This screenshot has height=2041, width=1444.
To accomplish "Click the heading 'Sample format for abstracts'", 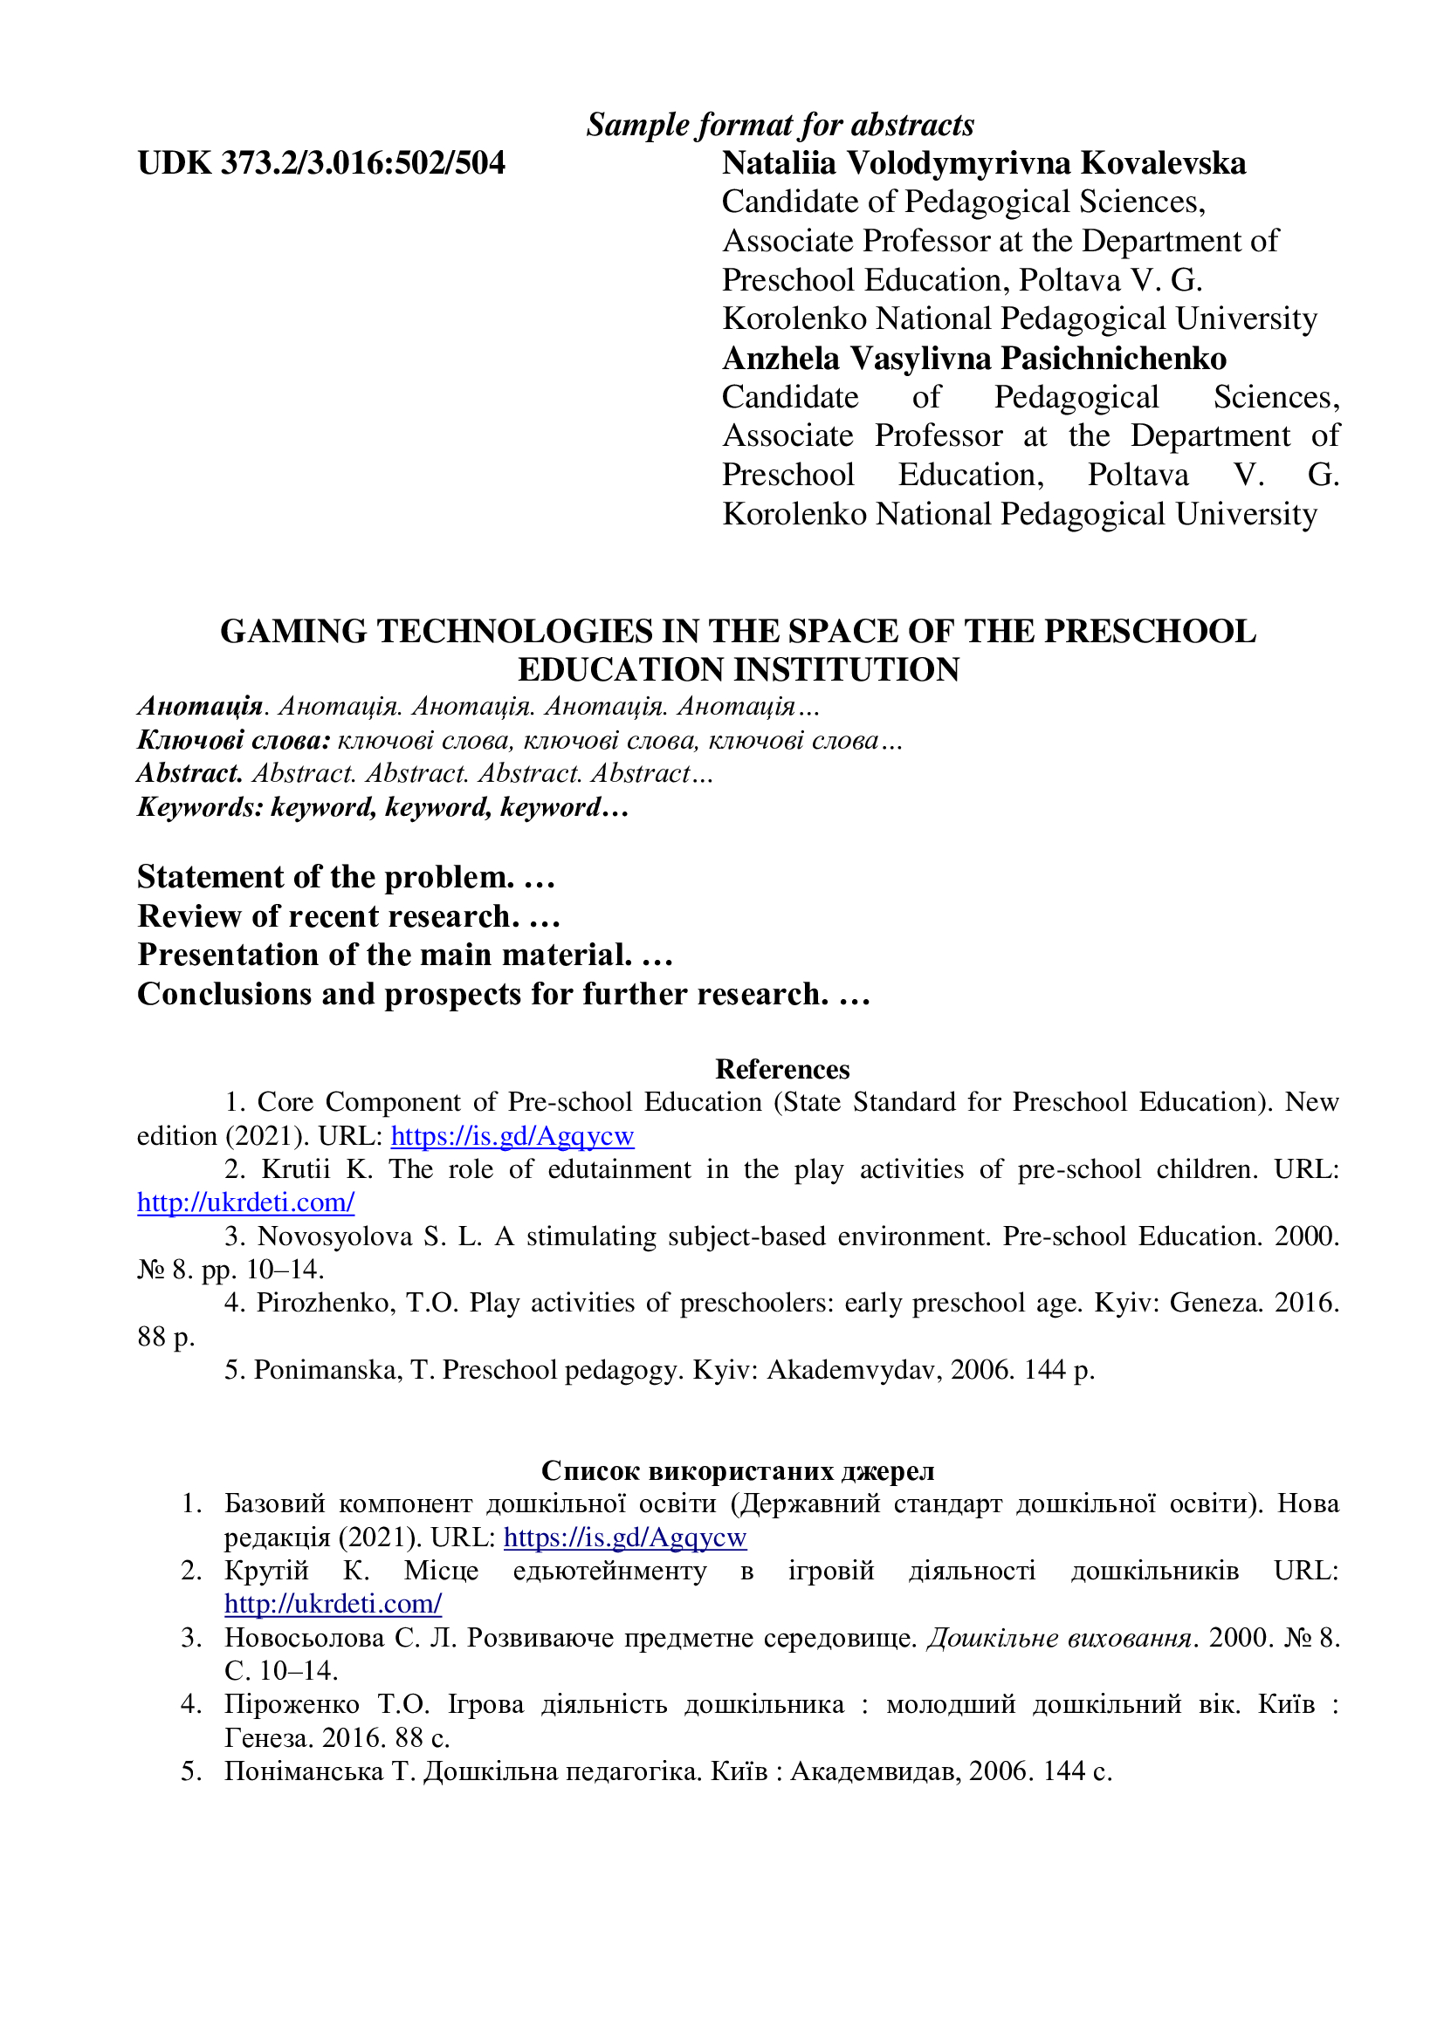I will [x=780, y=126].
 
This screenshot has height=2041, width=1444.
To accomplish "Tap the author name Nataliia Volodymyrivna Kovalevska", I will [x=983, y=163].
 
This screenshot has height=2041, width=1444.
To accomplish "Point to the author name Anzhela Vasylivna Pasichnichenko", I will [x=973, y=359].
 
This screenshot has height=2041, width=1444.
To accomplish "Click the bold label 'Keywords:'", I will [x=200, y=807].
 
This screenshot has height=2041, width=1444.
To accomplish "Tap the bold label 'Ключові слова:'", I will [x=234, y=740].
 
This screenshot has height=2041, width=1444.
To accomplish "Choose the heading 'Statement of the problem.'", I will [x=326, y=877].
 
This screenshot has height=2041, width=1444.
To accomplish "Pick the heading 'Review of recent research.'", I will [x=328, y=915].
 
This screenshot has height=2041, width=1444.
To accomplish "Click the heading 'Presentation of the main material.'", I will [x=384, y=955].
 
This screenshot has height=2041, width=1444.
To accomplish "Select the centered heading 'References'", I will [x=782, y=1069].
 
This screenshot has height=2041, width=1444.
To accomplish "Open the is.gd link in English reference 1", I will [x=512, y=1136].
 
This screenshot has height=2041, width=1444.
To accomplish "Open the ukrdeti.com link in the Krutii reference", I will [x=246, y=1202].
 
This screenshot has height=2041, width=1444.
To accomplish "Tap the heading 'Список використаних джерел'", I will [x=737, y=1470].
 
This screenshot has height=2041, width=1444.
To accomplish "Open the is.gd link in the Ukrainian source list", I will [x=625, y=1537].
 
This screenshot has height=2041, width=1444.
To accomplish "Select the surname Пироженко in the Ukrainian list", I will [x=292, y=1704].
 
